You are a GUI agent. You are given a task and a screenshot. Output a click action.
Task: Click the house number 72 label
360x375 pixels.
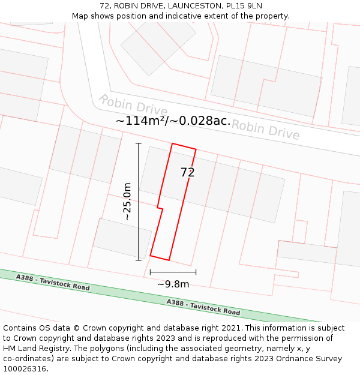pos(187,173)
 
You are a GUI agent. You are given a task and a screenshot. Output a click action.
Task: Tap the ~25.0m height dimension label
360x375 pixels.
pos(127,202)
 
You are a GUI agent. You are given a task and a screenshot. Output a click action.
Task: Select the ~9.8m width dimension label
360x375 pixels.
pos(173,284)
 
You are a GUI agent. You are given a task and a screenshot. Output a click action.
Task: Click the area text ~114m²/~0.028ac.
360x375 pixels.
pos(173,121)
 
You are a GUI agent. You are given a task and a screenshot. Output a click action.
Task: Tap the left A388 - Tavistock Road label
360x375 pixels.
pos(53,283)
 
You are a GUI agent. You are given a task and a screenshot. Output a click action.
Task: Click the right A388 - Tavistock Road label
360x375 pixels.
pos(203,307)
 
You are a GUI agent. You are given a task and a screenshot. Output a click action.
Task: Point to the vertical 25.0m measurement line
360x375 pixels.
pos(139,202)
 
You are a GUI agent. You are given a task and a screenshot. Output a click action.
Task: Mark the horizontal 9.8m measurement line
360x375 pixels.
pos(173,272)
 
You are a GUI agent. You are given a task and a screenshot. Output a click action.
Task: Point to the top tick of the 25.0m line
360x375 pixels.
pos(139,144)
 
